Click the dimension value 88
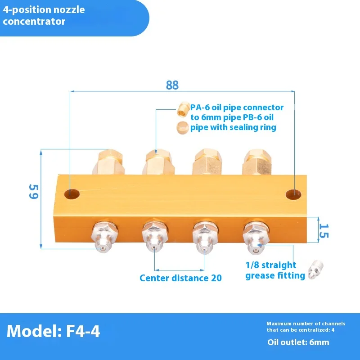coord(172,85)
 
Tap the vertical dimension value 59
coord(33,191)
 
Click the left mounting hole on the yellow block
coord(72,194)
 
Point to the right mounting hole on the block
coord(293,194)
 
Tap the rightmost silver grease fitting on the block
coord(255,236)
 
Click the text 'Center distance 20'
coord(180,278)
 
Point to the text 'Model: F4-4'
coord(54,332)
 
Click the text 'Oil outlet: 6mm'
coord(298,342)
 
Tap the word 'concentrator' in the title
coord(34,21)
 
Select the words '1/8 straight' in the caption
coord(271,265)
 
